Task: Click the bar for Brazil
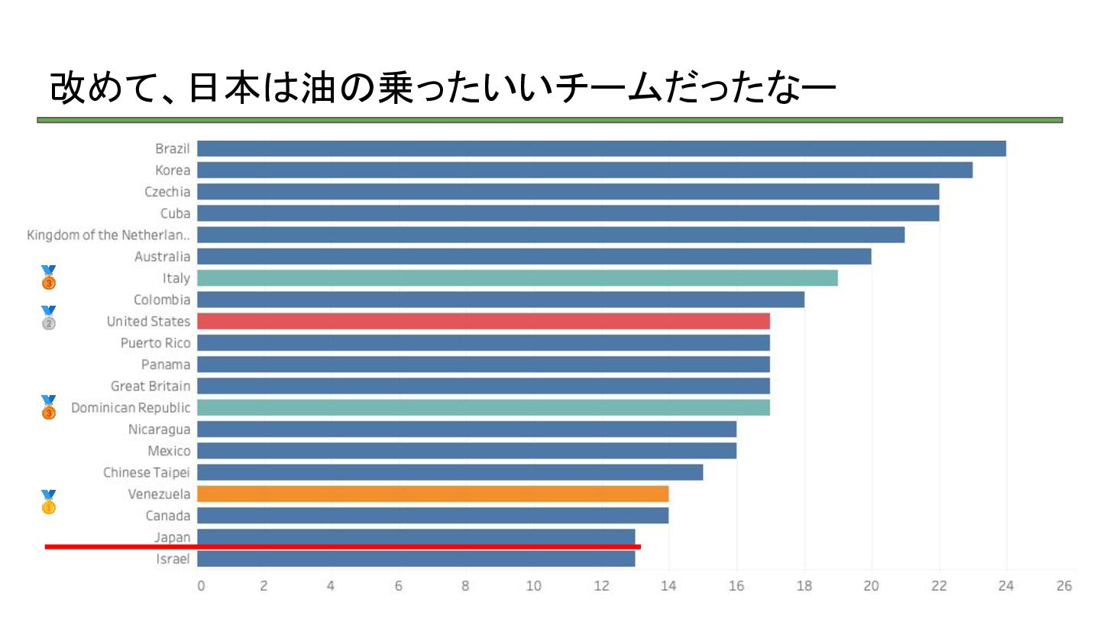601,148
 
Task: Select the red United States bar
483,321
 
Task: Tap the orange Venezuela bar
432,494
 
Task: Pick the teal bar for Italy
517,278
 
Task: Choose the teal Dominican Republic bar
483,407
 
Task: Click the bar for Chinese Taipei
449,472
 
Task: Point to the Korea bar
584,170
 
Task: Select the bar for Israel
416,559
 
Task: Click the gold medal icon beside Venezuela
48,502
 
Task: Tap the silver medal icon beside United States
48,317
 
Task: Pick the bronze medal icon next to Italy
48,277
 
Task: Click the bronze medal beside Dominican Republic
48,407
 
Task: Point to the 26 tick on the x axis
1064,586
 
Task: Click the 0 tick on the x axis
200,586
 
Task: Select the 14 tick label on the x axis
668,586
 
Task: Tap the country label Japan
172,536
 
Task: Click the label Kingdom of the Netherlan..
108,235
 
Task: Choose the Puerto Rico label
155,342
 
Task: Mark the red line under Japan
342,546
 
